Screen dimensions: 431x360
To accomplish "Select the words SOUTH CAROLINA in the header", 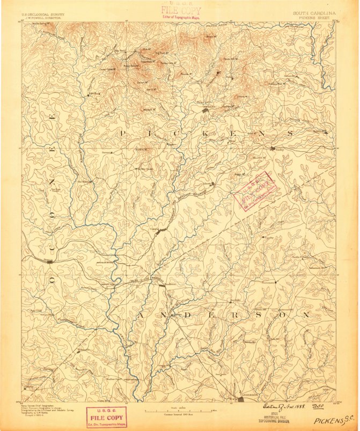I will pos(314,12).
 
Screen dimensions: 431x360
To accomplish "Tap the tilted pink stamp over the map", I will pos(256,189).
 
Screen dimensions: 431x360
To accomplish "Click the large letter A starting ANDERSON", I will pos(140,315).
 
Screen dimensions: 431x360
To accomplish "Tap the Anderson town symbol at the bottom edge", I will pos(243,398).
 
